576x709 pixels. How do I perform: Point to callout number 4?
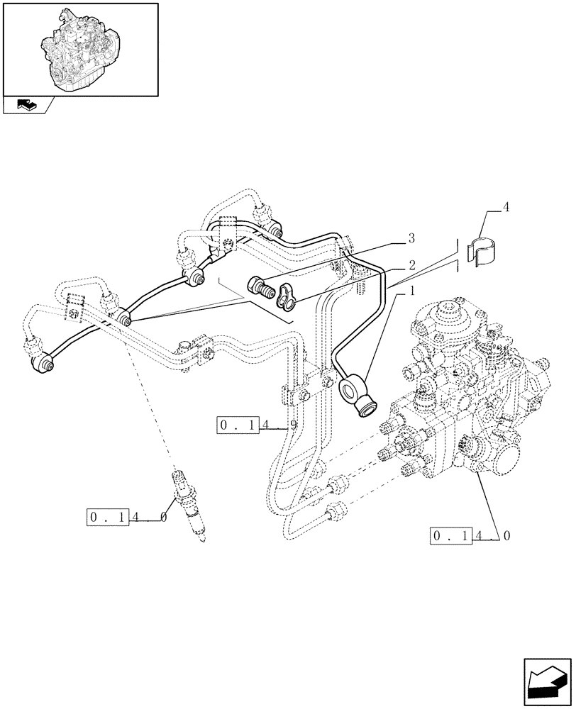pyautogui.click(x=505, y=208)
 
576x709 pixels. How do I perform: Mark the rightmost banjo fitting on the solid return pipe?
pyautogui.click(x=274, y=229)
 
